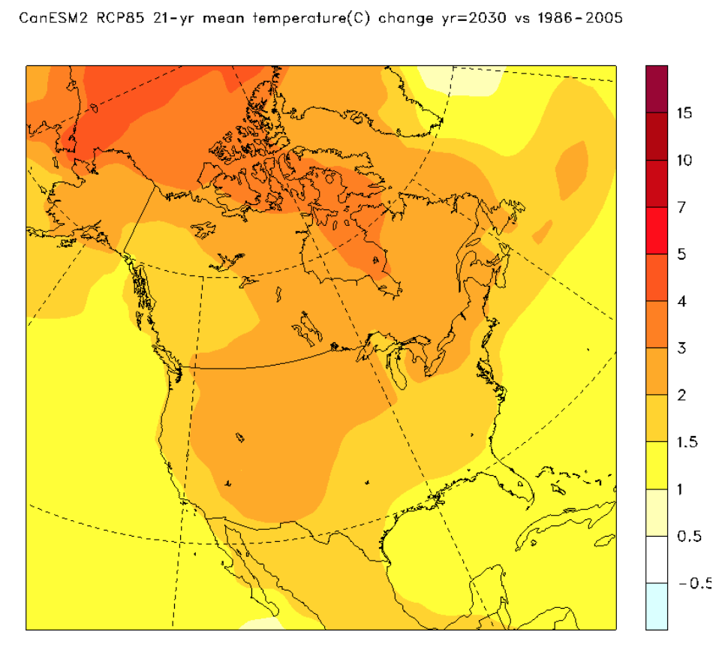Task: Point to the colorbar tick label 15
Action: coord(684,113)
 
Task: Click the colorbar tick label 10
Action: coord(684,161)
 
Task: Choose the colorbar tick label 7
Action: coord(681,208)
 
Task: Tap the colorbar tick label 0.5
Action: coord(688,537)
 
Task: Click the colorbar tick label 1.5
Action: coord(687,443)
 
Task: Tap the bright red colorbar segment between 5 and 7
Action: coord(657,230)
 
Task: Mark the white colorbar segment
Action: coord(657,559)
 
